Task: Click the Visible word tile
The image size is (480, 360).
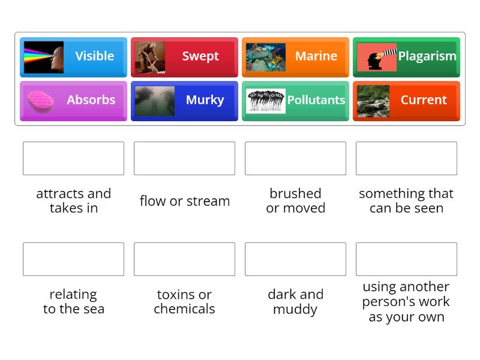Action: (73, 56)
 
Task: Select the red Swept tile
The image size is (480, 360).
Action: (184, 56)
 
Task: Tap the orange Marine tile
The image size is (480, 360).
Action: (295, 56)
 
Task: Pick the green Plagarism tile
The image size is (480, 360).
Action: (406, 56)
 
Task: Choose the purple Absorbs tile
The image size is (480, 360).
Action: (73, 100)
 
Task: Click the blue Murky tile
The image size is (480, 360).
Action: (184, 100)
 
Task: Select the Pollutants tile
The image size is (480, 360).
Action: (295, 100)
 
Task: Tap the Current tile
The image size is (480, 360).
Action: (406, 100)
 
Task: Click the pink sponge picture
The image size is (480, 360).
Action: (40, 100)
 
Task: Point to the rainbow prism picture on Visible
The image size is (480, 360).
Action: (43, 57)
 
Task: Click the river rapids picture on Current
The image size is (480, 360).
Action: (373, 101)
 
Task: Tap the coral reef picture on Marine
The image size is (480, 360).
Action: (265, 57)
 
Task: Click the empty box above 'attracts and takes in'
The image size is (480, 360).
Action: (73, 158)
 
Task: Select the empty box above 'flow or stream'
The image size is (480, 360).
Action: (184, 158)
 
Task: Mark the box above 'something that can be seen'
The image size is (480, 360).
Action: (406, 158)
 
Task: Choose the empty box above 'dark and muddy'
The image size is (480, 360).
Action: (295, 259)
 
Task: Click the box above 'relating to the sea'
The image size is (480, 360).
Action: (73, 259)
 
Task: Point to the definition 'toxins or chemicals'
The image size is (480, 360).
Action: (184, 302)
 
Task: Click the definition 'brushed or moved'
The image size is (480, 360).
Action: (295, 201)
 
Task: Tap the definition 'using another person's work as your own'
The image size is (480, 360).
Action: (406, 302)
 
